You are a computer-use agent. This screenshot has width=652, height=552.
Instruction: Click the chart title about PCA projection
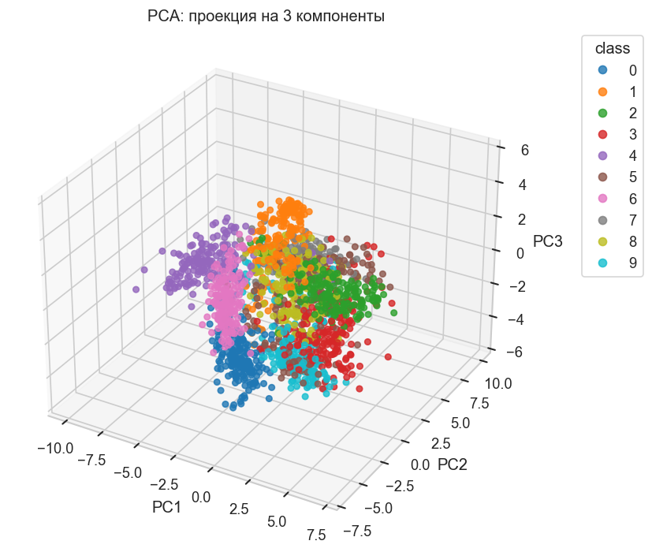[266, 16]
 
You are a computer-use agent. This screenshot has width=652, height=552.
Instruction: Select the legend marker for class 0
[600, 69]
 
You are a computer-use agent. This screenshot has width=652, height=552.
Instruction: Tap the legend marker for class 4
[600, 152]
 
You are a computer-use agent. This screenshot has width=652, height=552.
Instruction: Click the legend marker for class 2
[600, 110]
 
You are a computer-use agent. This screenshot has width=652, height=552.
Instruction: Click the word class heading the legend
[612, 48]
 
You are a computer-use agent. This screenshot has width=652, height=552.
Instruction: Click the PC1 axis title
[167, 506]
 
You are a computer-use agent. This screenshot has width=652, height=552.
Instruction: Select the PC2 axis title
[453, 464]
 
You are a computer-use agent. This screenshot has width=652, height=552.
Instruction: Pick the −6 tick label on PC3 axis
[513, 352]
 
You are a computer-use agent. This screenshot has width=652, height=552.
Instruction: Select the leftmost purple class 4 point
[136, 289]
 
